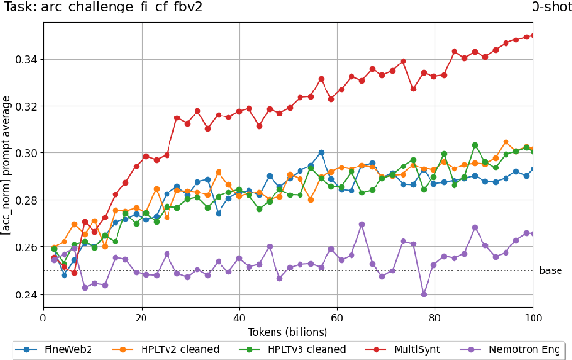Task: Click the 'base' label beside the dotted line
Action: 551,270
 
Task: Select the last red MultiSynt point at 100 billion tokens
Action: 533,36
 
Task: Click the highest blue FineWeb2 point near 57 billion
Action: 321,153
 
